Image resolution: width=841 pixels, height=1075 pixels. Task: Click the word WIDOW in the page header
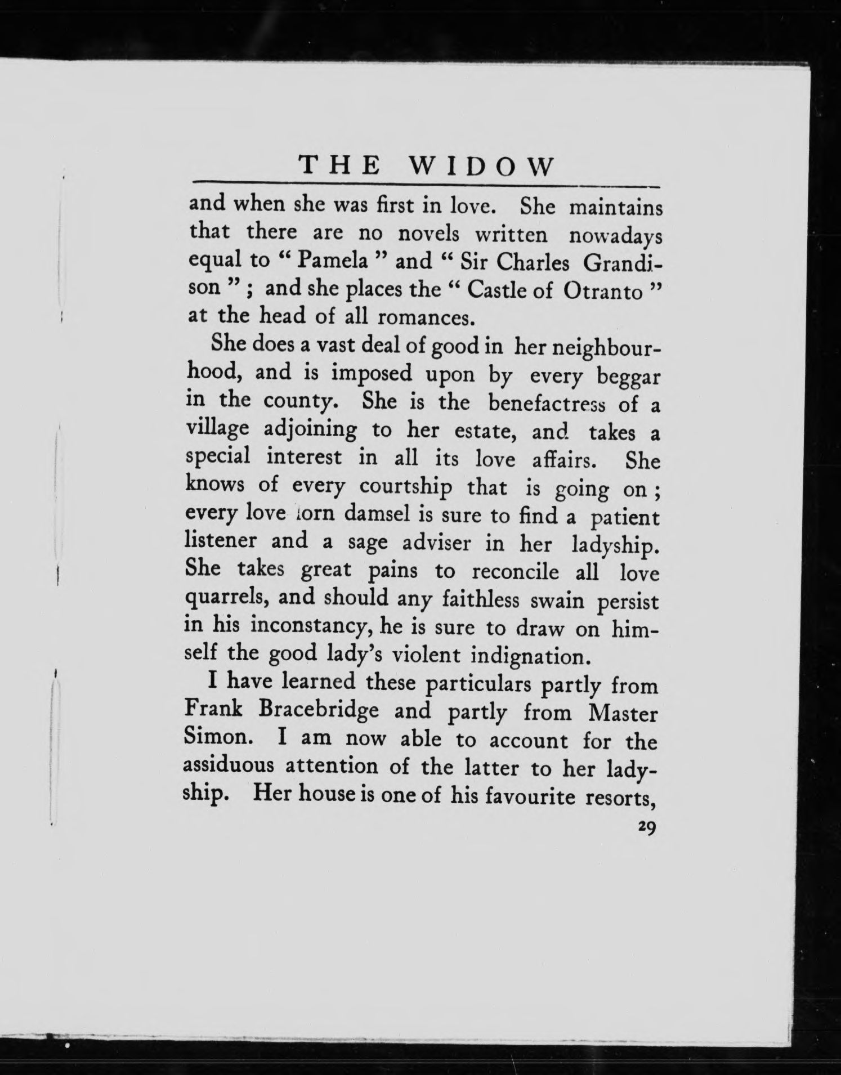point(481,167)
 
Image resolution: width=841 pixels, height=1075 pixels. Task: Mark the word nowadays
point(615,236)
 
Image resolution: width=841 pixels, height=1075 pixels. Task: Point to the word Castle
point(497,290)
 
